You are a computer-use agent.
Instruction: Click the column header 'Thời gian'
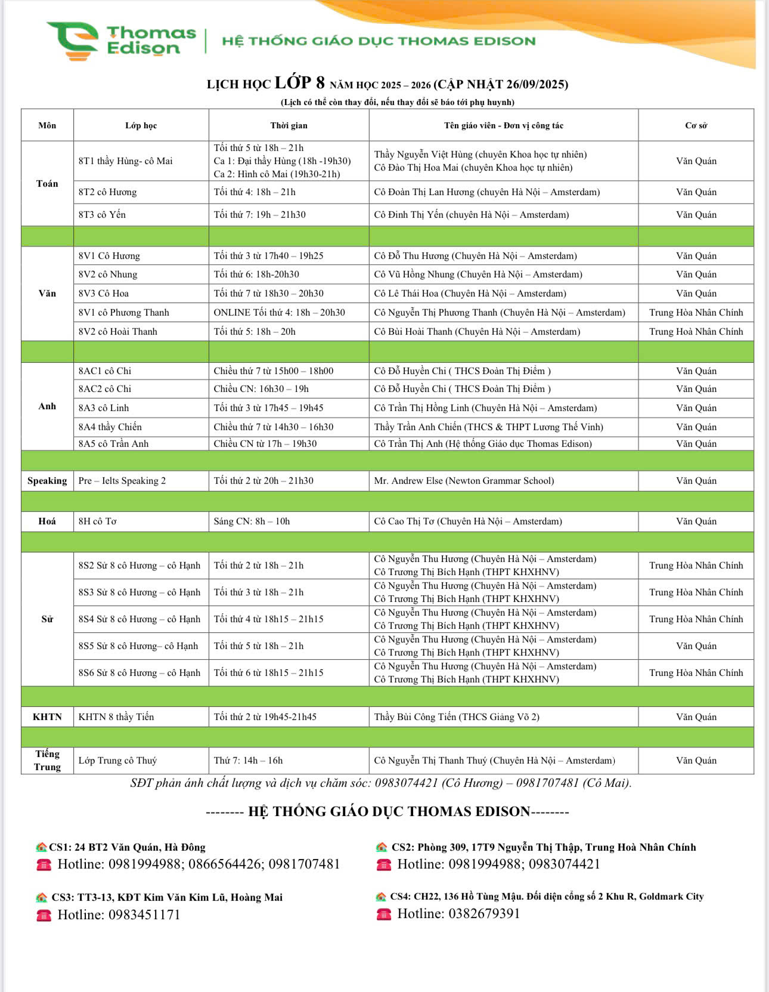tap(289, 125)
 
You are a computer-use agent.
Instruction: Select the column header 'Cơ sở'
tap(696, 125)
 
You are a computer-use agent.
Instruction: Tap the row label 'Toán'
tap(47, 183)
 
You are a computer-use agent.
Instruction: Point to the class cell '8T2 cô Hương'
tap(108, 192)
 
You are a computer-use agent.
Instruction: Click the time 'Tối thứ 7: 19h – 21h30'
tap(259, 215)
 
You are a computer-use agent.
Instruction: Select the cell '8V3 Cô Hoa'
tap(104, 293)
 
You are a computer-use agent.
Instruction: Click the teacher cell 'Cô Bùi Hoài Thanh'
tap(477, 332)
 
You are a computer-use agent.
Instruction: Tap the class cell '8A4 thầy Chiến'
tap(110, 427)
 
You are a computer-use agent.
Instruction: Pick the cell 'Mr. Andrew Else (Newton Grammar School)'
tap(464, 481)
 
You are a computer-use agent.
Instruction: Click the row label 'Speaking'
tap(47, 481)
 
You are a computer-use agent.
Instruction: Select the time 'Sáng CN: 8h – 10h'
tap(252, 521)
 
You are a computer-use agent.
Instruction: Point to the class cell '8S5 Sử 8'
tap(138, 646)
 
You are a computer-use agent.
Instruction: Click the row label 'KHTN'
tap(47, 717)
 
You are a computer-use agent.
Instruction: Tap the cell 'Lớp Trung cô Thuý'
tap(118, 761)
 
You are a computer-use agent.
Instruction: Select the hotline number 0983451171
tap(144, 914)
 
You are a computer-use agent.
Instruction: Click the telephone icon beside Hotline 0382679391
tap(384, 914)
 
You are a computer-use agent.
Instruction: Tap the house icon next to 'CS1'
tap(41, 847)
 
